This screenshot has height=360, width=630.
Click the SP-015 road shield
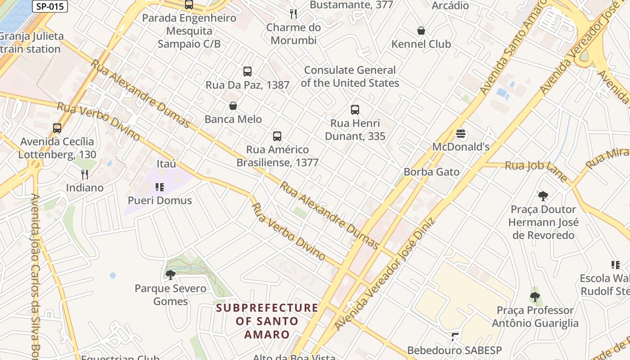[50, 6]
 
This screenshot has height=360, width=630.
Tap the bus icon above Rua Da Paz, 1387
[247, 71]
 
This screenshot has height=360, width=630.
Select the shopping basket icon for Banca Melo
[233, 106]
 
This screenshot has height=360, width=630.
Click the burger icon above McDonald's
[460, 134]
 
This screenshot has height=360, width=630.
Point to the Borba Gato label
[431, 172]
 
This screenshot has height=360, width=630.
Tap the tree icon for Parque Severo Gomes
[170, 274]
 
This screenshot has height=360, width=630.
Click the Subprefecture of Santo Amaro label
[267, 321]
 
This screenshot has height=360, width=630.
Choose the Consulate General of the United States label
[350, 76]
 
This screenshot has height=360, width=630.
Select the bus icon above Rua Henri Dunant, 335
[355, 110]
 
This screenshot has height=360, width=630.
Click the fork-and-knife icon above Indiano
[85, 174]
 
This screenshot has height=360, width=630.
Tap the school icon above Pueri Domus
[159, 187]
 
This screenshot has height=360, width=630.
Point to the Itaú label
[166, 164]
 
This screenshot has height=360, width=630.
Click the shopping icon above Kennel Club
[421, 31]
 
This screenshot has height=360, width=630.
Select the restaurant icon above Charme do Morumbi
[293, 14]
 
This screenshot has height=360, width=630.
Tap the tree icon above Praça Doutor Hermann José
[543, 196]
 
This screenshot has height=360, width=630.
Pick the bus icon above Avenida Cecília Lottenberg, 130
[57, 128]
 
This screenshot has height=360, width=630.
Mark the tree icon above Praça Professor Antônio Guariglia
[535, 297]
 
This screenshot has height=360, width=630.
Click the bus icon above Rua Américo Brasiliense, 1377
[277, 136]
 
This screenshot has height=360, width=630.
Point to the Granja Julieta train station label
[31, 42]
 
